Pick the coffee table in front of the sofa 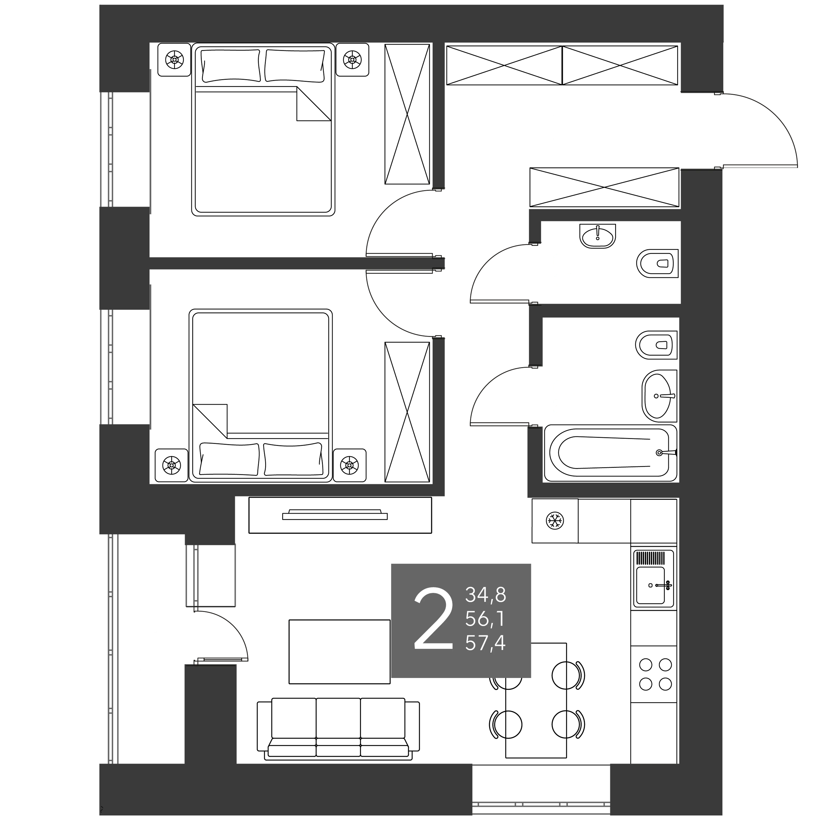[x=339, y=652]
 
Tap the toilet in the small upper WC [x=657, y=263]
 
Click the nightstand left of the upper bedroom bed [x=174, y=60]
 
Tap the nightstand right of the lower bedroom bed [x=350, y=465]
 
